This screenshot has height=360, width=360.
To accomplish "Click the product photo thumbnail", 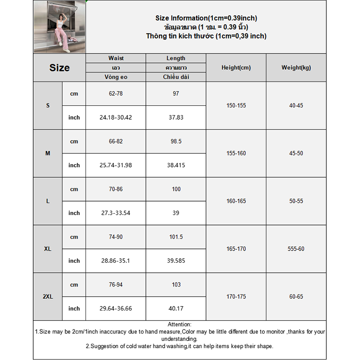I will pyautogui.click(x=59, y=27).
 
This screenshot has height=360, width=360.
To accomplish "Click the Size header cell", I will pyautogui.click(x=59, y=68).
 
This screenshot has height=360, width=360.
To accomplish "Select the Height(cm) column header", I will pyautogui.click(x=236, y=68).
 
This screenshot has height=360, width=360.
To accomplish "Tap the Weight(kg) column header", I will pyautogui.click(x=296, y=68).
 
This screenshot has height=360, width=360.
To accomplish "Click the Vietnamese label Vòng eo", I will pyautogui.click(x=116, y=77).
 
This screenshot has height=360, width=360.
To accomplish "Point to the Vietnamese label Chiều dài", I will pyautogui.click(x=176, y=77).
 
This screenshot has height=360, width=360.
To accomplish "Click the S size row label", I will pyautogui.click(x=48, y=106).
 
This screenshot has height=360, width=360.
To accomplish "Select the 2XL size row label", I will pyautogui.click(x=48, y=297).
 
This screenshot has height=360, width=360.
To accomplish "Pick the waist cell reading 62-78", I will pyautogui.click(x=116, y=94).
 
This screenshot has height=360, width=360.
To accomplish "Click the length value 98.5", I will pyautogui.click(x=176, y=141).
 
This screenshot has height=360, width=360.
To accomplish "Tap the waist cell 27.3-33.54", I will pyautogui.click(x=116, y=213).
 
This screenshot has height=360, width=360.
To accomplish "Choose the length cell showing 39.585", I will pyautogui.click(x=176, y=261).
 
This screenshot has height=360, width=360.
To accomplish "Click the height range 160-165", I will pyautogui.click(x=236, y=201).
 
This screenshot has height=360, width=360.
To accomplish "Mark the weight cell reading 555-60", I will pyautogui.click(x=296, y=249).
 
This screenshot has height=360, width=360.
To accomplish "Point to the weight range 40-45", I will pyautogui.click(x=296, y=106).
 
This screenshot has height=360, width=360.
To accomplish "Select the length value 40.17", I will pyautogui.click(x=176, y=308).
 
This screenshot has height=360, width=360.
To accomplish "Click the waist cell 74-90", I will pyautogui.click(x=116, y=237).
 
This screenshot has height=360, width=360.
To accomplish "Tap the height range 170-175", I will pyautogui.click(x=236, y=297).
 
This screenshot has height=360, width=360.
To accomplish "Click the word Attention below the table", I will pyautogui.click(x=179, y=324).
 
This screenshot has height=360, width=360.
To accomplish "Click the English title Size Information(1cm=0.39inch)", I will pyautogui.click(x=206, y=18).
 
